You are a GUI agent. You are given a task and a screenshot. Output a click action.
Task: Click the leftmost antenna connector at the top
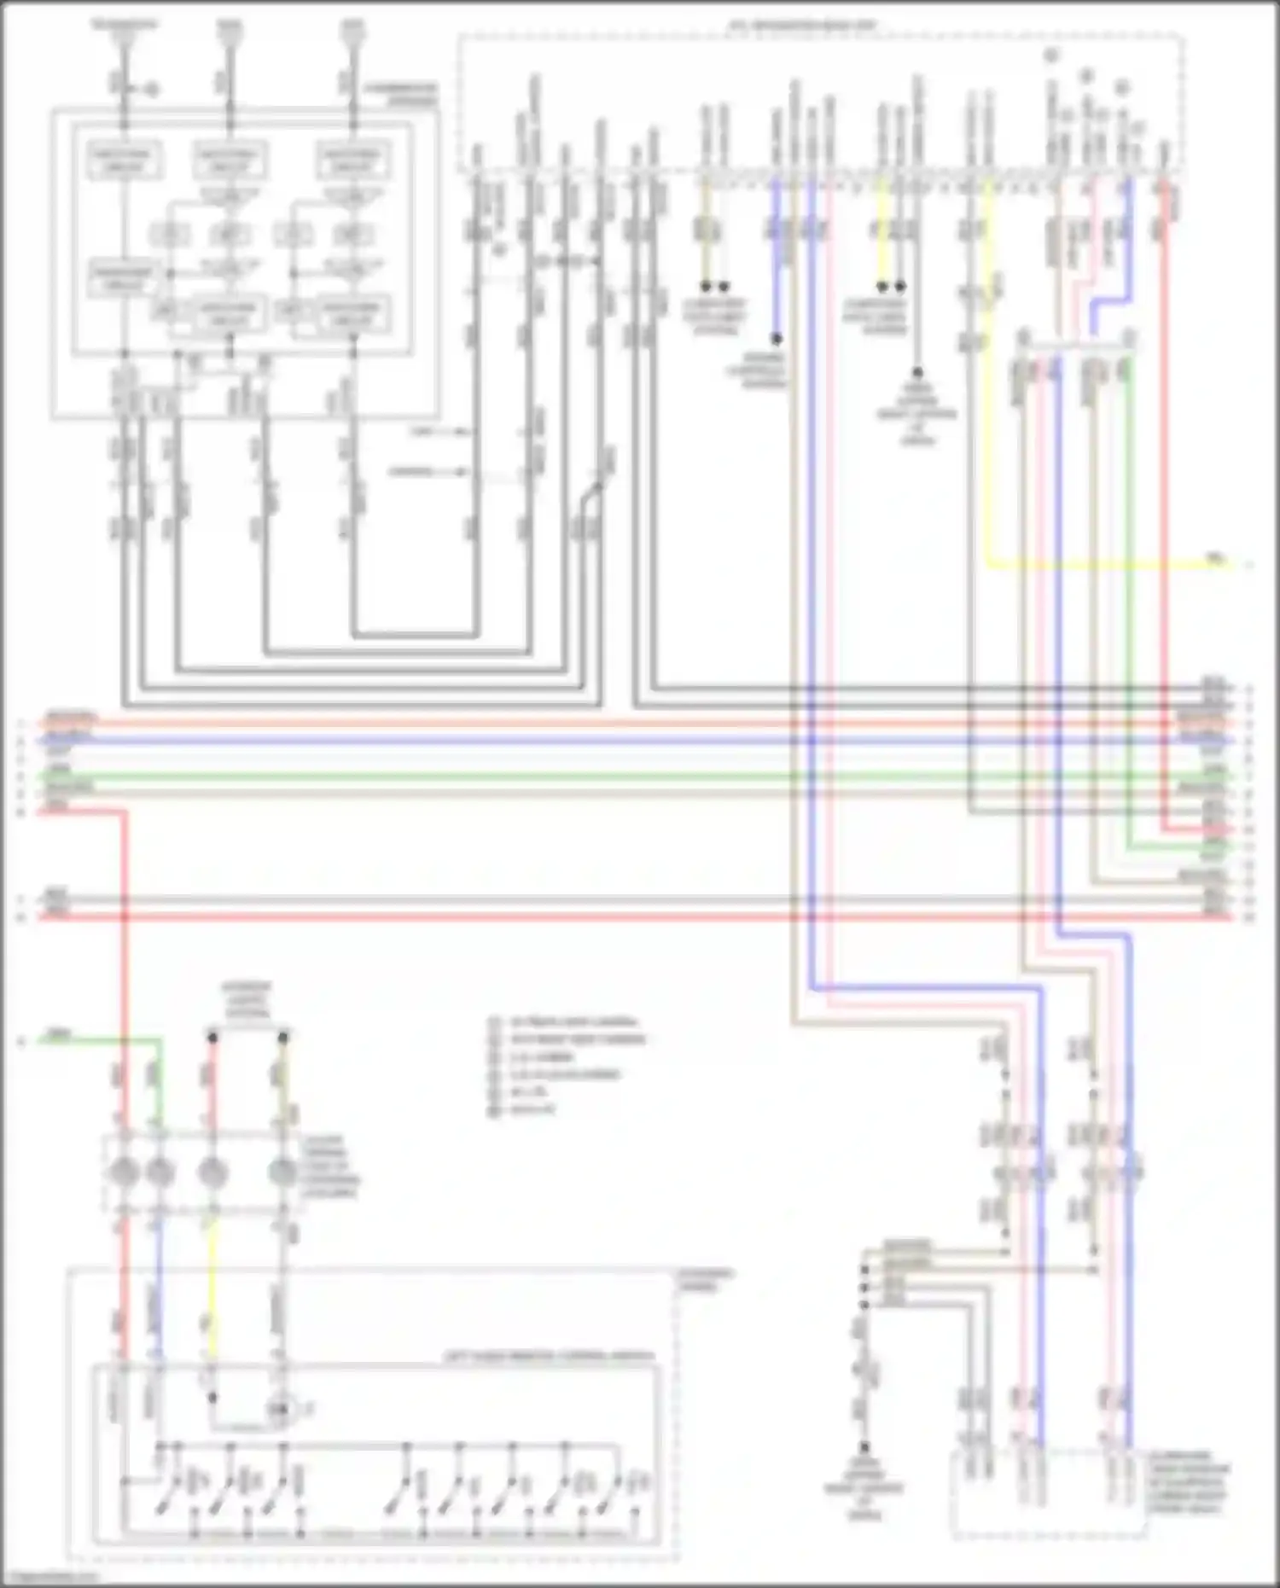tap(125, 34)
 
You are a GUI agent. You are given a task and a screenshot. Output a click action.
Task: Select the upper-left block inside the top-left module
tap(125, 160)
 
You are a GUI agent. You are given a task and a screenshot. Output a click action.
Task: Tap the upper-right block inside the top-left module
tap(353, 160)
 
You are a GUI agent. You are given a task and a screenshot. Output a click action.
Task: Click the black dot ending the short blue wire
tap(777, 338)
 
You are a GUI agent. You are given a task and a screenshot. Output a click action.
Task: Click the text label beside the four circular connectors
tap(329, 1166)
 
